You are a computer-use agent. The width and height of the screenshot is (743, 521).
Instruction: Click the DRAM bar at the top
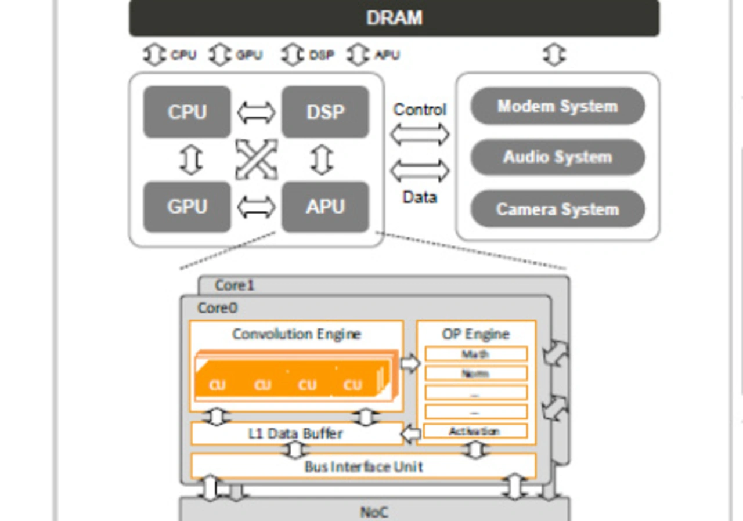(394, 18)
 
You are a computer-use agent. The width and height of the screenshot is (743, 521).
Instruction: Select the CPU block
(187, 112)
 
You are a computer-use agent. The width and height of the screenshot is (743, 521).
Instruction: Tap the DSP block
(325, 112)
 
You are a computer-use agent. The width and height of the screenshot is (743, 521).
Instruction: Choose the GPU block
(187, 207)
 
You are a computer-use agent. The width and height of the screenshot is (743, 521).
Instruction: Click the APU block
(325, 207)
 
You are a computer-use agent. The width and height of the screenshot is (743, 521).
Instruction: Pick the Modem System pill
(557, 106)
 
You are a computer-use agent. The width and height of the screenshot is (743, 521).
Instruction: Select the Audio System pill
(557, 157)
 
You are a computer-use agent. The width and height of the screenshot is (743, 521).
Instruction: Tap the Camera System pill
(557, 209)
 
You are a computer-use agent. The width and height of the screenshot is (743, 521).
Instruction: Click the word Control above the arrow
(420, 110)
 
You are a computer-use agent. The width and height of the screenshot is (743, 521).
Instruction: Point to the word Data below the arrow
(420, 197)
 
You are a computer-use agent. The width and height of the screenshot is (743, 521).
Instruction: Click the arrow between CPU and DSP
(256, 113)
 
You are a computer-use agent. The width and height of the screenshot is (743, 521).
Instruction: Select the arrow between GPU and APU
(256, 207)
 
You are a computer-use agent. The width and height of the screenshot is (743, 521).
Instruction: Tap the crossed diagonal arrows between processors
(256, 159)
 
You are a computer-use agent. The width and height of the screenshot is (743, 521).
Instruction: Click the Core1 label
(235, 285)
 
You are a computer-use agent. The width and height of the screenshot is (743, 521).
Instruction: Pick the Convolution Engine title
(297, 334)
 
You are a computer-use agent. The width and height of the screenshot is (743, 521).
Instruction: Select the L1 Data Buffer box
(297, 433)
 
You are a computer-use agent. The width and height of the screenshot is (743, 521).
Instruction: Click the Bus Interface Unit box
(363, 466)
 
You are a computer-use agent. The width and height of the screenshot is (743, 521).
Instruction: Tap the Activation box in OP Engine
(475, 431)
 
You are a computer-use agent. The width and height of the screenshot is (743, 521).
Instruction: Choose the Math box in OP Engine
(475, 354)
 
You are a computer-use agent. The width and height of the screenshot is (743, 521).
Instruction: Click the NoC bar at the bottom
(374, 512)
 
